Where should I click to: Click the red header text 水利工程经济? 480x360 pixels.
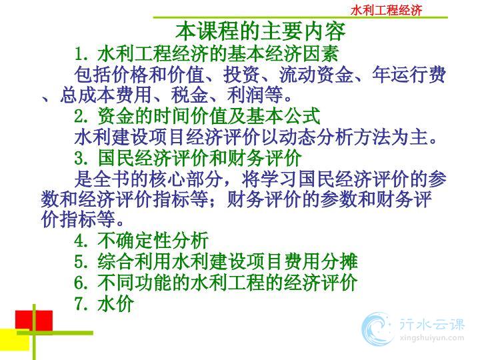click(386, 10)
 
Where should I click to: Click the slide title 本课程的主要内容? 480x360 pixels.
click(261, 31)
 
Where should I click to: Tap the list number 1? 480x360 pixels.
click(81, 54)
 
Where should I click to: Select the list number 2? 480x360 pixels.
click(81, 116)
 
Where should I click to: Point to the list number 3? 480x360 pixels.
click(81, 158)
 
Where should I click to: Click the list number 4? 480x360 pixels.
click(81, 241)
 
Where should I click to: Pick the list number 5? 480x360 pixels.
click(81, 261)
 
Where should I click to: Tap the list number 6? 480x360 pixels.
click(81, 282)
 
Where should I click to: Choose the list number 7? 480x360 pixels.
click(81, 303)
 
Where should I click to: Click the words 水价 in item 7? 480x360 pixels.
click(116, 303)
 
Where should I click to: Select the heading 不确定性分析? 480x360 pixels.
click(153, 241)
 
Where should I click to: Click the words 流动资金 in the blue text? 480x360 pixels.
click(316, 75)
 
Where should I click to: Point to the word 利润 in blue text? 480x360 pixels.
click(246, 95)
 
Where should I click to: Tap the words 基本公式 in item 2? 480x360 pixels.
click(283, 116)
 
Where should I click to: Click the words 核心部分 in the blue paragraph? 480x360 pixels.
click(187, 179)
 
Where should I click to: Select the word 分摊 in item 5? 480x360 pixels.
click(339, 261)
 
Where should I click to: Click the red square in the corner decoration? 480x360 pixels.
click(34, 320)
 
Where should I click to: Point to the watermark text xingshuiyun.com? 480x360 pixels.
click(431, 338)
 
